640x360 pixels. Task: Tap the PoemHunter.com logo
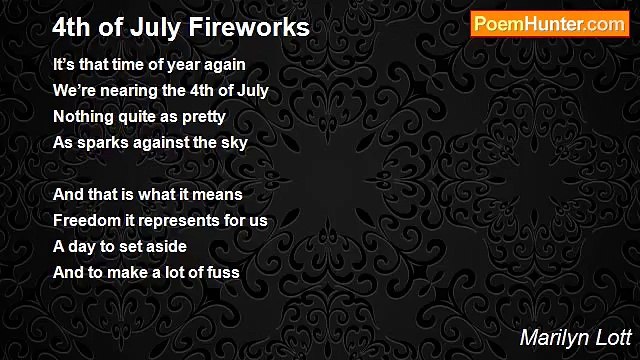pos(549,24)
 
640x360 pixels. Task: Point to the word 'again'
pos(226,64)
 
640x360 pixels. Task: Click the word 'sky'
pos(235,142)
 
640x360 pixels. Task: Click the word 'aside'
pos(166,246)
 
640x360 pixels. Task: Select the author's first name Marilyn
pos(552,338)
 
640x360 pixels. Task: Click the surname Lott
pos(609,338)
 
